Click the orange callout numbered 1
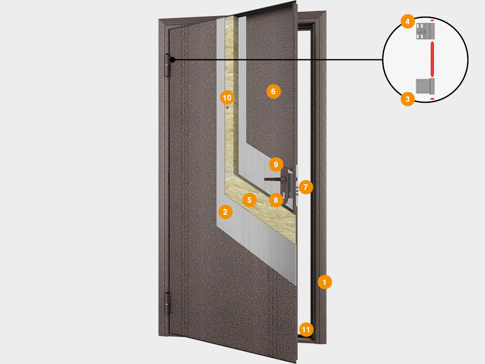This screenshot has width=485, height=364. [324, 282]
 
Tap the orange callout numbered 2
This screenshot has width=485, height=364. [225, 212]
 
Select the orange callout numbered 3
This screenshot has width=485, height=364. [408, 99]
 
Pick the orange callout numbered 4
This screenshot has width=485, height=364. [408, 21]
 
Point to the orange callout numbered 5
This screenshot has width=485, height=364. [249, 200]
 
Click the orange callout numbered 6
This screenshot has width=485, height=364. [273, 91]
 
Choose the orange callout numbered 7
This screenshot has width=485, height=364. [305, 187]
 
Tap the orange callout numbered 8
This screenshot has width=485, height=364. [276, 200]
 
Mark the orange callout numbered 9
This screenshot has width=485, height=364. [276, 164]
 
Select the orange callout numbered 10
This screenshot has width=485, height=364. [227, 98]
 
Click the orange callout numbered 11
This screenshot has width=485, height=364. [306, 329]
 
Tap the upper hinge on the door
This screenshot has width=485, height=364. [168, 65]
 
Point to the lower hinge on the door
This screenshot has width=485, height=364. [167, 304]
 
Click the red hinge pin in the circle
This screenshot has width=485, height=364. [432, 59]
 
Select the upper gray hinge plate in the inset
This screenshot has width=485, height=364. [425, 31]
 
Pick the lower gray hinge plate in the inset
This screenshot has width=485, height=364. [425, 86]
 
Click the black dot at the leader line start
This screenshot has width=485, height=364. [172, 59]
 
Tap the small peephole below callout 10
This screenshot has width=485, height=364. [227, 108]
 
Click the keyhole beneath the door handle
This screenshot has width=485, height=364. [283, 195]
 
